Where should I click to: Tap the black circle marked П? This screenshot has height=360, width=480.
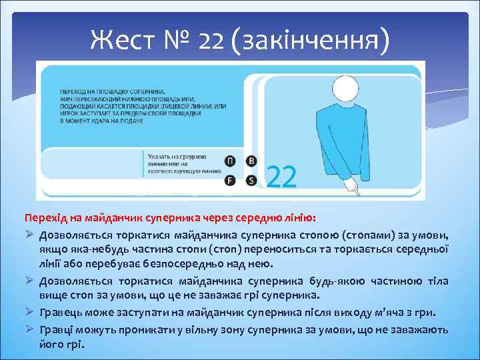230,161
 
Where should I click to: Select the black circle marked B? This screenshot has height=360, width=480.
251,161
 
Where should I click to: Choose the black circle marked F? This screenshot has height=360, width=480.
230,180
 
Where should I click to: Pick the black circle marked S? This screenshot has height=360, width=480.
251,180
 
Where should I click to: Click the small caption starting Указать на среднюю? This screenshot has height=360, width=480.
183,157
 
